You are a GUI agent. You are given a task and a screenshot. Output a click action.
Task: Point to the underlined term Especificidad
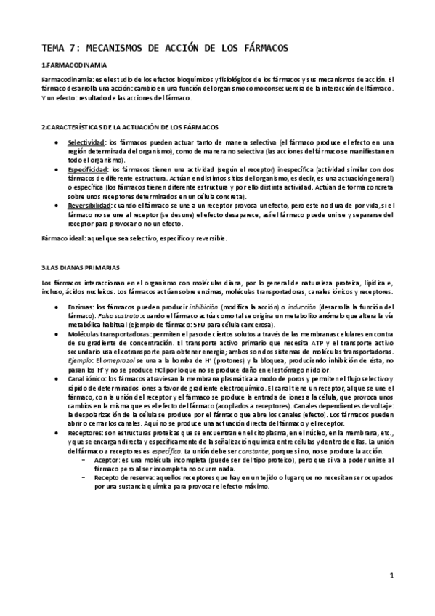click(87, 168)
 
